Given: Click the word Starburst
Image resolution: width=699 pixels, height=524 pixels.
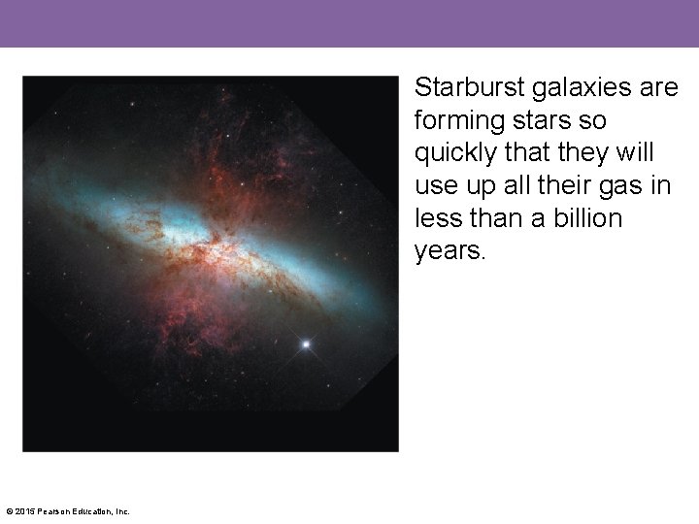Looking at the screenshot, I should pyautogui.click(x=465, y=88).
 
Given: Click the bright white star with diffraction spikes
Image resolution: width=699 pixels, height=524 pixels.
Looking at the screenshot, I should pyautogui.click(x=308, y=344).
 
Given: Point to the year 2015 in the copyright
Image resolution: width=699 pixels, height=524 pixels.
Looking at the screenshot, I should pyautogui.click(x=27, y=511).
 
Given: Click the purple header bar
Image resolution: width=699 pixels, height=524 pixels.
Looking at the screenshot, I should pyautogui.click(x=349, y=23).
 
